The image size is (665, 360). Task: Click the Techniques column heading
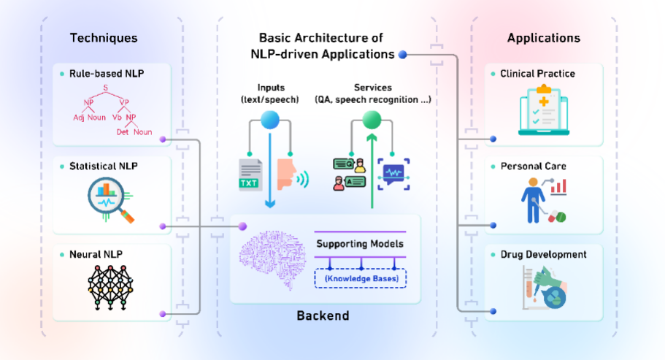[x=103, y=38]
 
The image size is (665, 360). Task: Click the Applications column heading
[x=543, y=38]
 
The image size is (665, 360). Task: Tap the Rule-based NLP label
[x=107, y=74]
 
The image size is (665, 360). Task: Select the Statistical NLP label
[x=106, y=166]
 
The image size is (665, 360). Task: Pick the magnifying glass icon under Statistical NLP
[x=109, y=200]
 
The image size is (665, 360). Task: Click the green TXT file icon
[x=250, y=172]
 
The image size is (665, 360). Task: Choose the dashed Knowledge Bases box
[x=361, y=278]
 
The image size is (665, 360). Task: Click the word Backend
[x=323, y=316]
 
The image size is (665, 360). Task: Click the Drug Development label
[x=543, y=255]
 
